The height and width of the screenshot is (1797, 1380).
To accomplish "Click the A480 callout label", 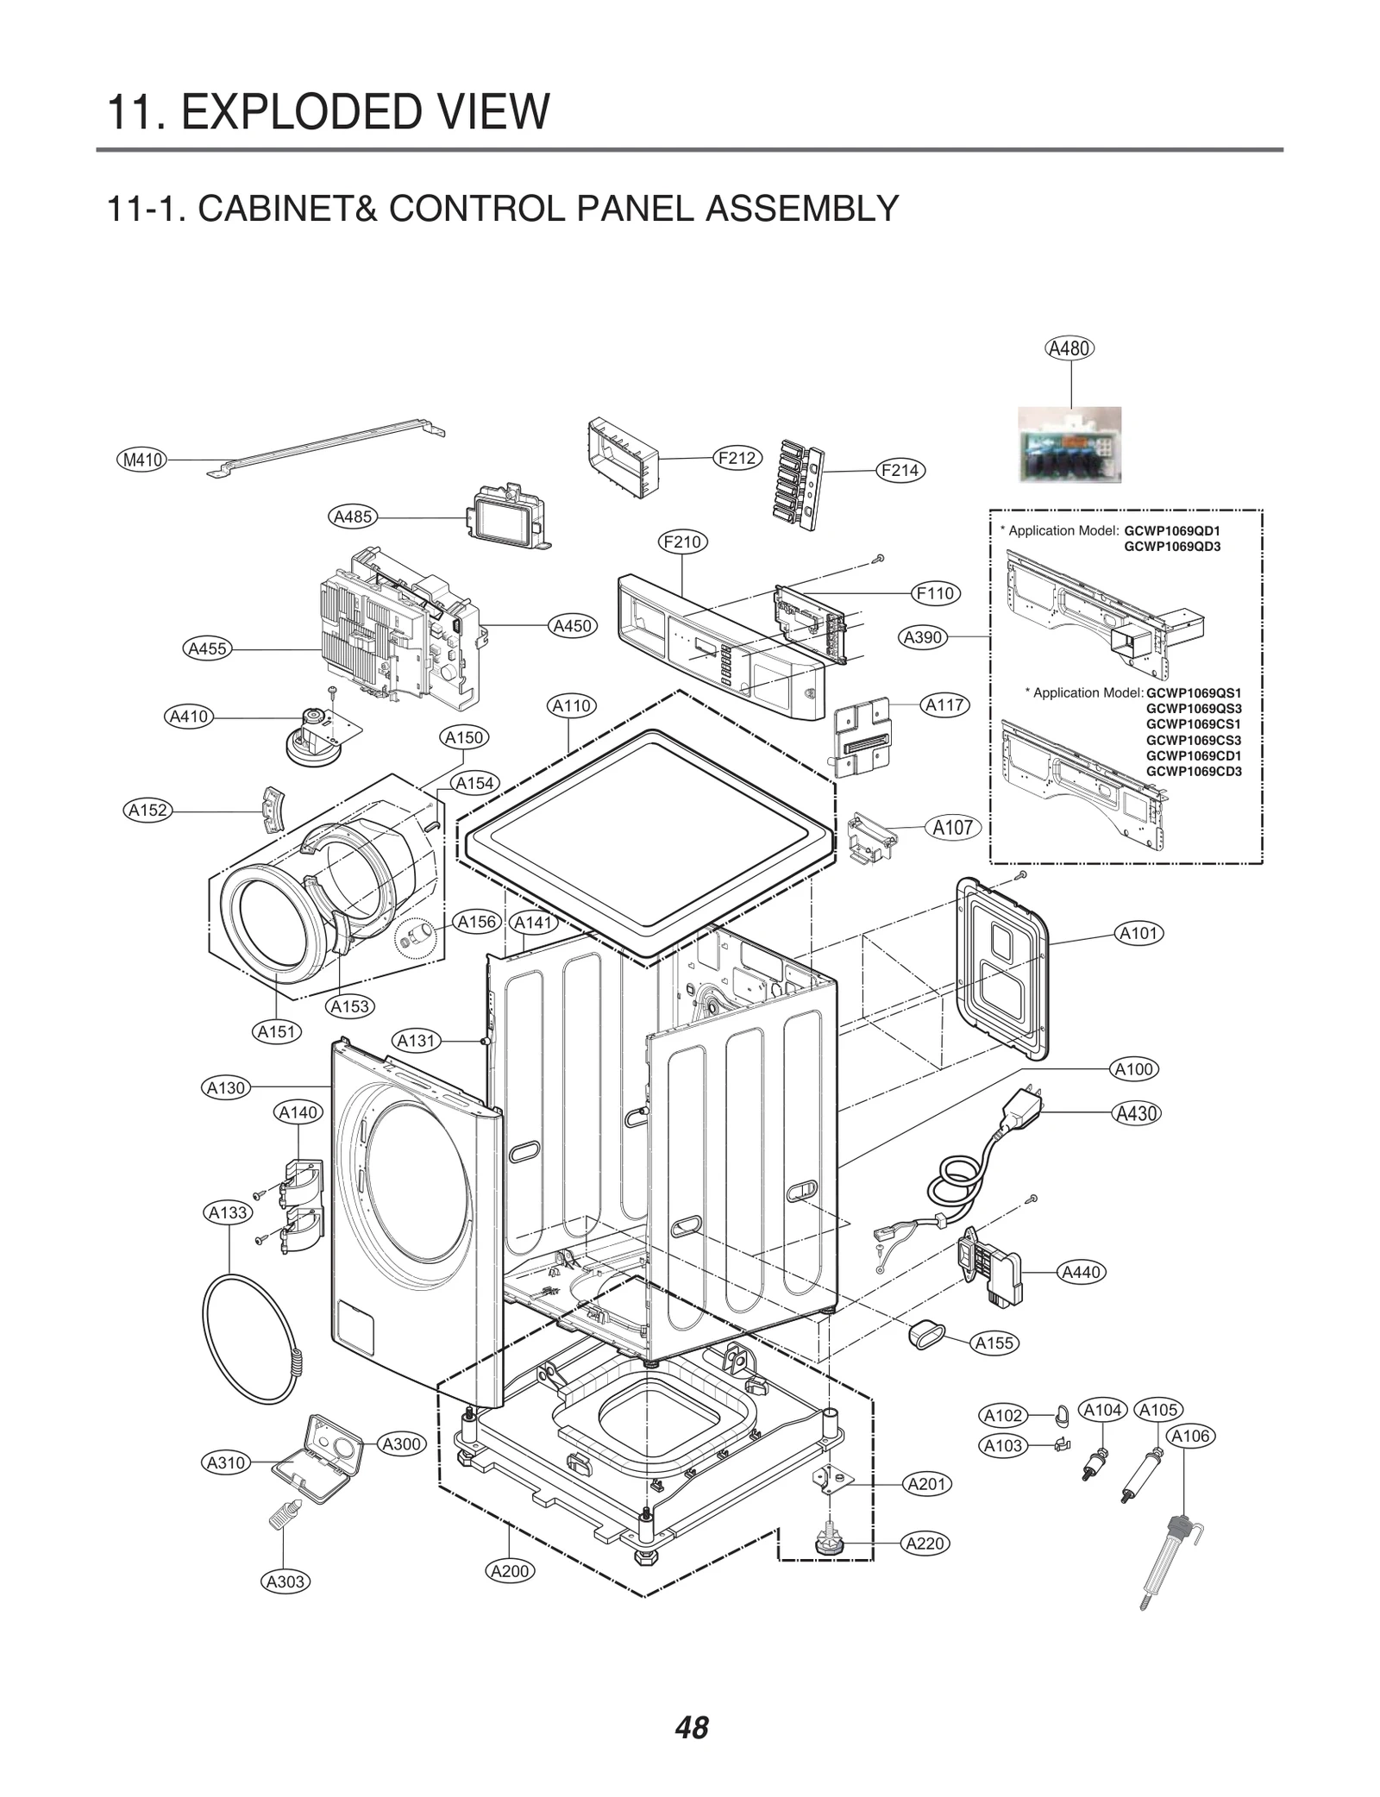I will tap(1069, 348).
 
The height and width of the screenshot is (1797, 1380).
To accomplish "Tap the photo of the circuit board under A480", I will tap(1069, 444).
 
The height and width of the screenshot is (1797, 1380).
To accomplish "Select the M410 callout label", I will tap(142, 460).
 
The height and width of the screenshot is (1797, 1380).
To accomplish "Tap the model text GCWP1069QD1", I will tap(1171, 530).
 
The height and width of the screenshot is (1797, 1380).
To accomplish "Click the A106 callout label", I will tap(1190, 1436).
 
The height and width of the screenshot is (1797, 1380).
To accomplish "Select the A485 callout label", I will tap(353, 517).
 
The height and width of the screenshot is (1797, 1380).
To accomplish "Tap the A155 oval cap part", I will tap(922, 1337).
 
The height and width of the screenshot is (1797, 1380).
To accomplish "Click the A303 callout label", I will tap(285, 1581).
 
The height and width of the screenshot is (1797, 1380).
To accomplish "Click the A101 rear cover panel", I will tap(1002, 967).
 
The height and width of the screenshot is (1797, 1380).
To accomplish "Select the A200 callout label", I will tap(510, 1570).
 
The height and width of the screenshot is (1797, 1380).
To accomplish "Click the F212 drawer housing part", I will tap(623, 457).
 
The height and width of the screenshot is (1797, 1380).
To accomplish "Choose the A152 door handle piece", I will tap(273, 810).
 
